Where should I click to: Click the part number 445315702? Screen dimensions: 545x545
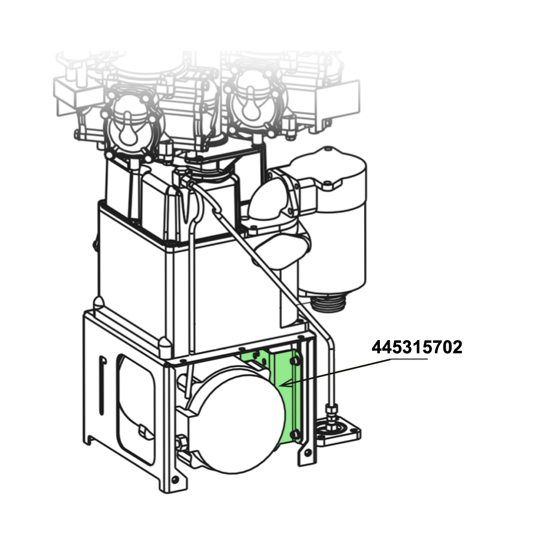417,347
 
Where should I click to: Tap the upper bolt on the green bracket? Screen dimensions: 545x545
295,361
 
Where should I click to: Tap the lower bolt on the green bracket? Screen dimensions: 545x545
295,435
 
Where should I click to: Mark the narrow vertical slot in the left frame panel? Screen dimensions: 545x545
102,385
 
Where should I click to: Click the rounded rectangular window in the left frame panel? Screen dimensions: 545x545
136,409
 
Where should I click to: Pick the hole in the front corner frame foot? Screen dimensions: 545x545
175,480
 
